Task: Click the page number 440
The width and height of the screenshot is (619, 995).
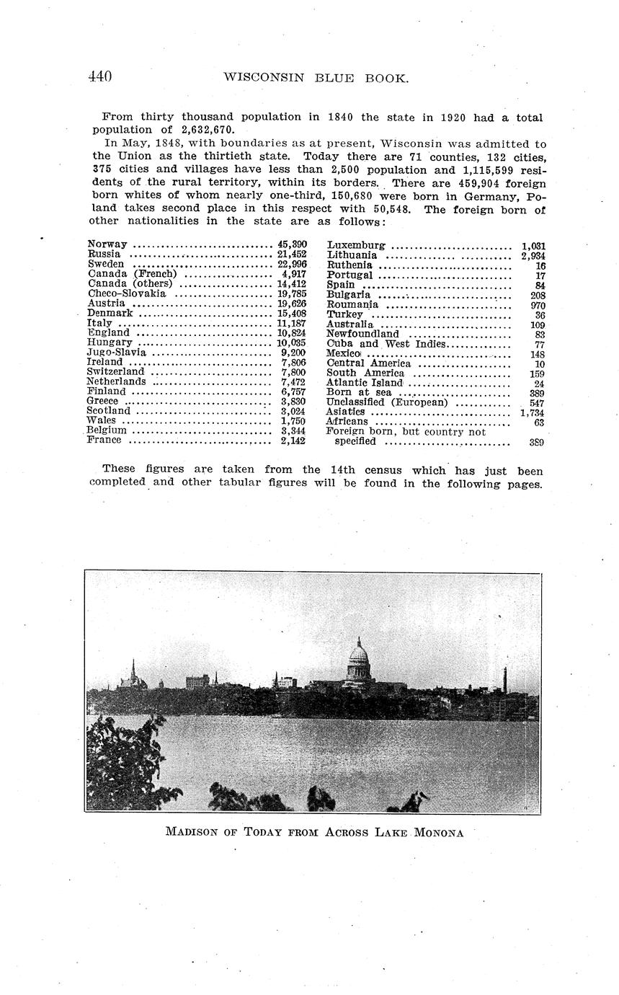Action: (x=99, y=76)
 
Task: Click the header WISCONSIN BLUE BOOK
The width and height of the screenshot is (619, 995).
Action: (x=316, y=78)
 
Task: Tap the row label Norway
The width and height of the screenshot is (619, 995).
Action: (x=107, y=244)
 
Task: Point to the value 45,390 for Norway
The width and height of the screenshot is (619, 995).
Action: (x=292, y=244)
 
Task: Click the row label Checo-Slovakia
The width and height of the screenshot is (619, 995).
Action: (x=126, y=293)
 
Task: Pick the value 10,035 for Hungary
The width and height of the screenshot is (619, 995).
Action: (x=291, y=342)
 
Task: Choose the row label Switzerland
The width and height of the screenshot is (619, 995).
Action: (x=115, y=372)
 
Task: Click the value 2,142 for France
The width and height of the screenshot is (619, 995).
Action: (x=293, y=441)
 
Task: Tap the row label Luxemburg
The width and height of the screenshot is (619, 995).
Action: (x=355, y=245)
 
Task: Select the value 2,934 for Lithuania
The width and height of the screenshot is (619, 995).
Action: (x=533, y=256)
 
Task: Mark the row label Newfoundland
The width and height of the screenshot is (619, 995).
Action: (x=362, y=334)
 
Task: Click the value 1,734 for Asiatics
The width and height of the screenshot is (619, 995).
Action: (x=532, y=412)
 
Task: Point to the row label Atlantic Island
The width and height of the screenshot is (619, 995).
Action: (x=364, y=383)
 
